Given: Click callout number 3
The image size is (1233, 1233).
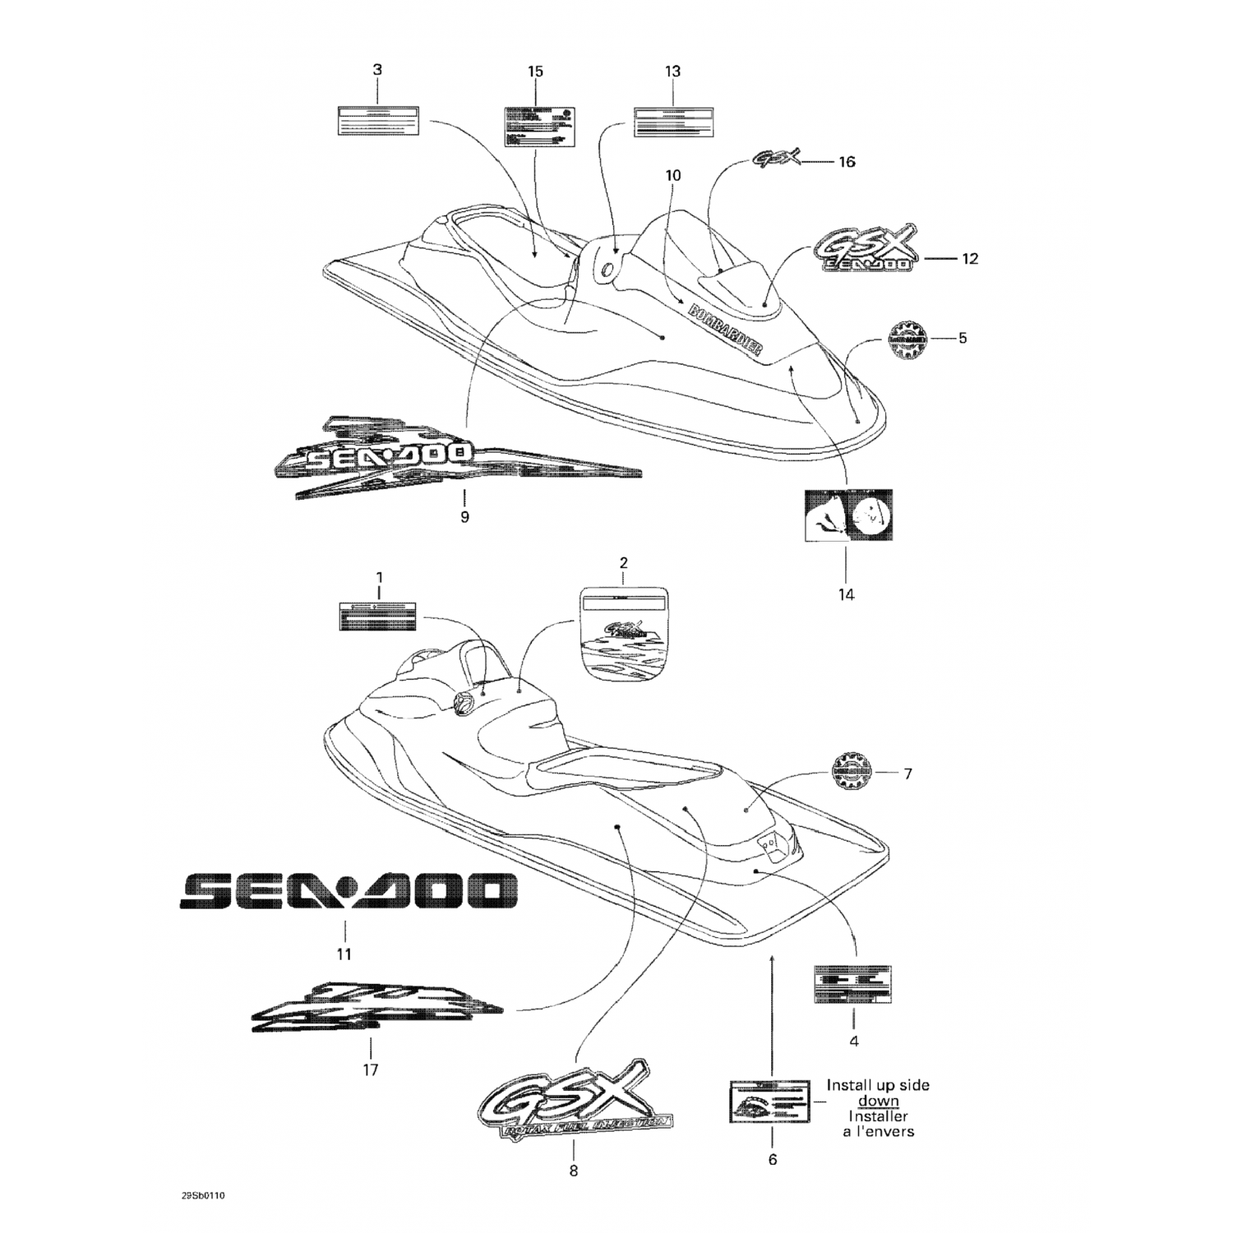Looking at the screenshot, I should tap(377, 71).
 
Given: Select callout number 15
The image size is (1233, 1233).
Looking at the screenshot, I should tap(535, 72).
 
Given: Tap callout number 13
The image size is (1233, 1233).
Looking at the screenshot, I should tap(672, 72).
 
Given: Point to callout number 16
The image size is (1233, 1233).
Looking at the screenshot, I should tap(846, 162).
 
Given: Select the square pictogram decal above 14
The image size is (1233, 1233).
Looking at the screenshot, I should tap(847, 514).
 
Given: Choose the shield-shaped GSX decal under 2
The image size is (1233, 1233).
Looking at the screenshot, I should tap(623, 632).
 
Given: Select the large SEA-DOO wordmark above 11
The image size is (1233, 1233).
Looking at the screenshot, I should tap(349, 891).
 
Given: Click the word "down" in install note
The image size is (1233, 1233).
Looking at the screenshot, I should tap(878, 1101).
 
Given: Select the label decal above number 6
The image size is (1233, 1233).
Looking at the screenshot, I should tap(771, 1101).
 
